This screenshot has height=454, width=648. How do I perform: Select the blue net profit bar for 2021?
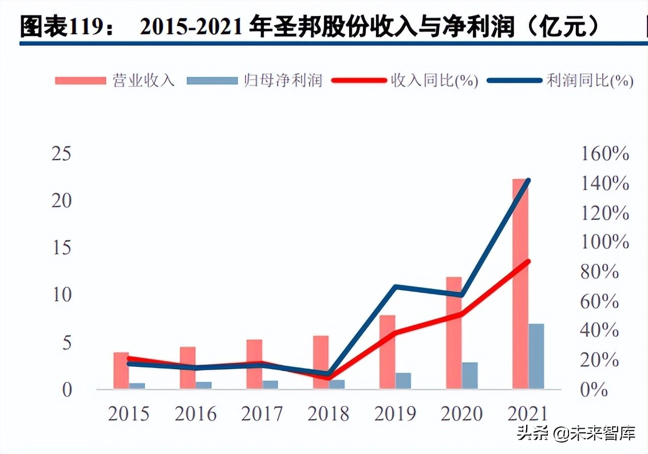tap(536, 357)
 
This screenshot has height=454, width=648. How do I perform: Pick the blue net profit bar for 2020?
tap(470, 375)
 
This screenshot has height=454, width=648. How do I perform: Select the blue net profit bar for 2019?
tap(404, 381)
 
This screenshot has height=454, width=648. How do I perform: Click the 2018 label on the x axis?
tap(327, 414)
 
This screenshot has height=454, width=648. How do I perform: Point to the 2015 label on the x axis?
tap(128, 414)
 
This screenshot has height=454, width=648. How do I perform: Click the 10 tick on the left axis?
tap(61, 295)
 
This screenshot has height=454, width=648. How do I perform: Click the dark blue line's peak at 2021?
tap(528, 181)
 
